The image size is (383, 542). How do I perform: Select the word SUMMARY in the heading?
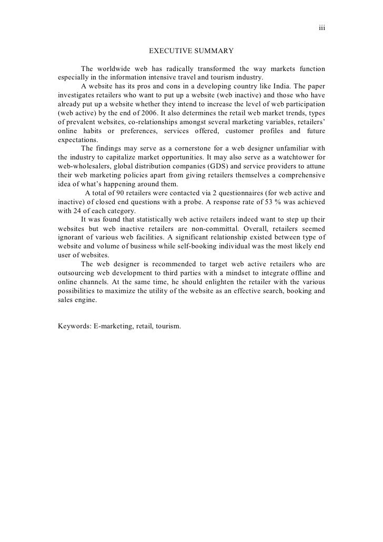coord(212,51)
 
